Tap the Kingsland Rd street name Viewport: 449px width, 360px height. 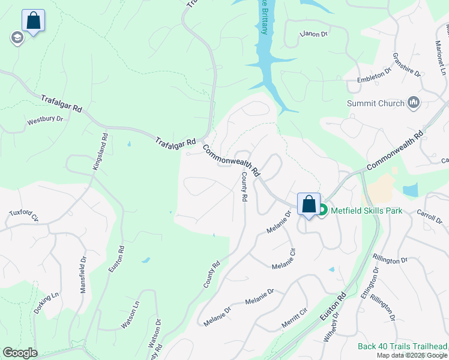100,151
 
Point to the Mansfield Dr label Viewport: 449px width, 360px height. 83,274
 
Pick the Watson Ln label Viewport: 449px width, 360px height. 130,315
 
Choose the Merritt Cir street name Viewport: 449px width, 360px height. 295,317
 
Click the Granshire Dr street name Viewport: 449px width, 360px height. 406,64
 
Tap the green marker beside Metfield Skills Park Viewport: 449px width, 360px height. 322,210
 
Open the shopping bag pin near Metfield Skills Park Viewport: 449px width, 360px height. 309,204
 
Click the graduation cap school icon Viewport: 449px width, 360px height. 16,38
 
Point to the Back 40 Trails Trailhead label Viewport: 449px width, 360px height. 402,346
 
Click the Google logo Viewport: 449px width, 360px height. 20,353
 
